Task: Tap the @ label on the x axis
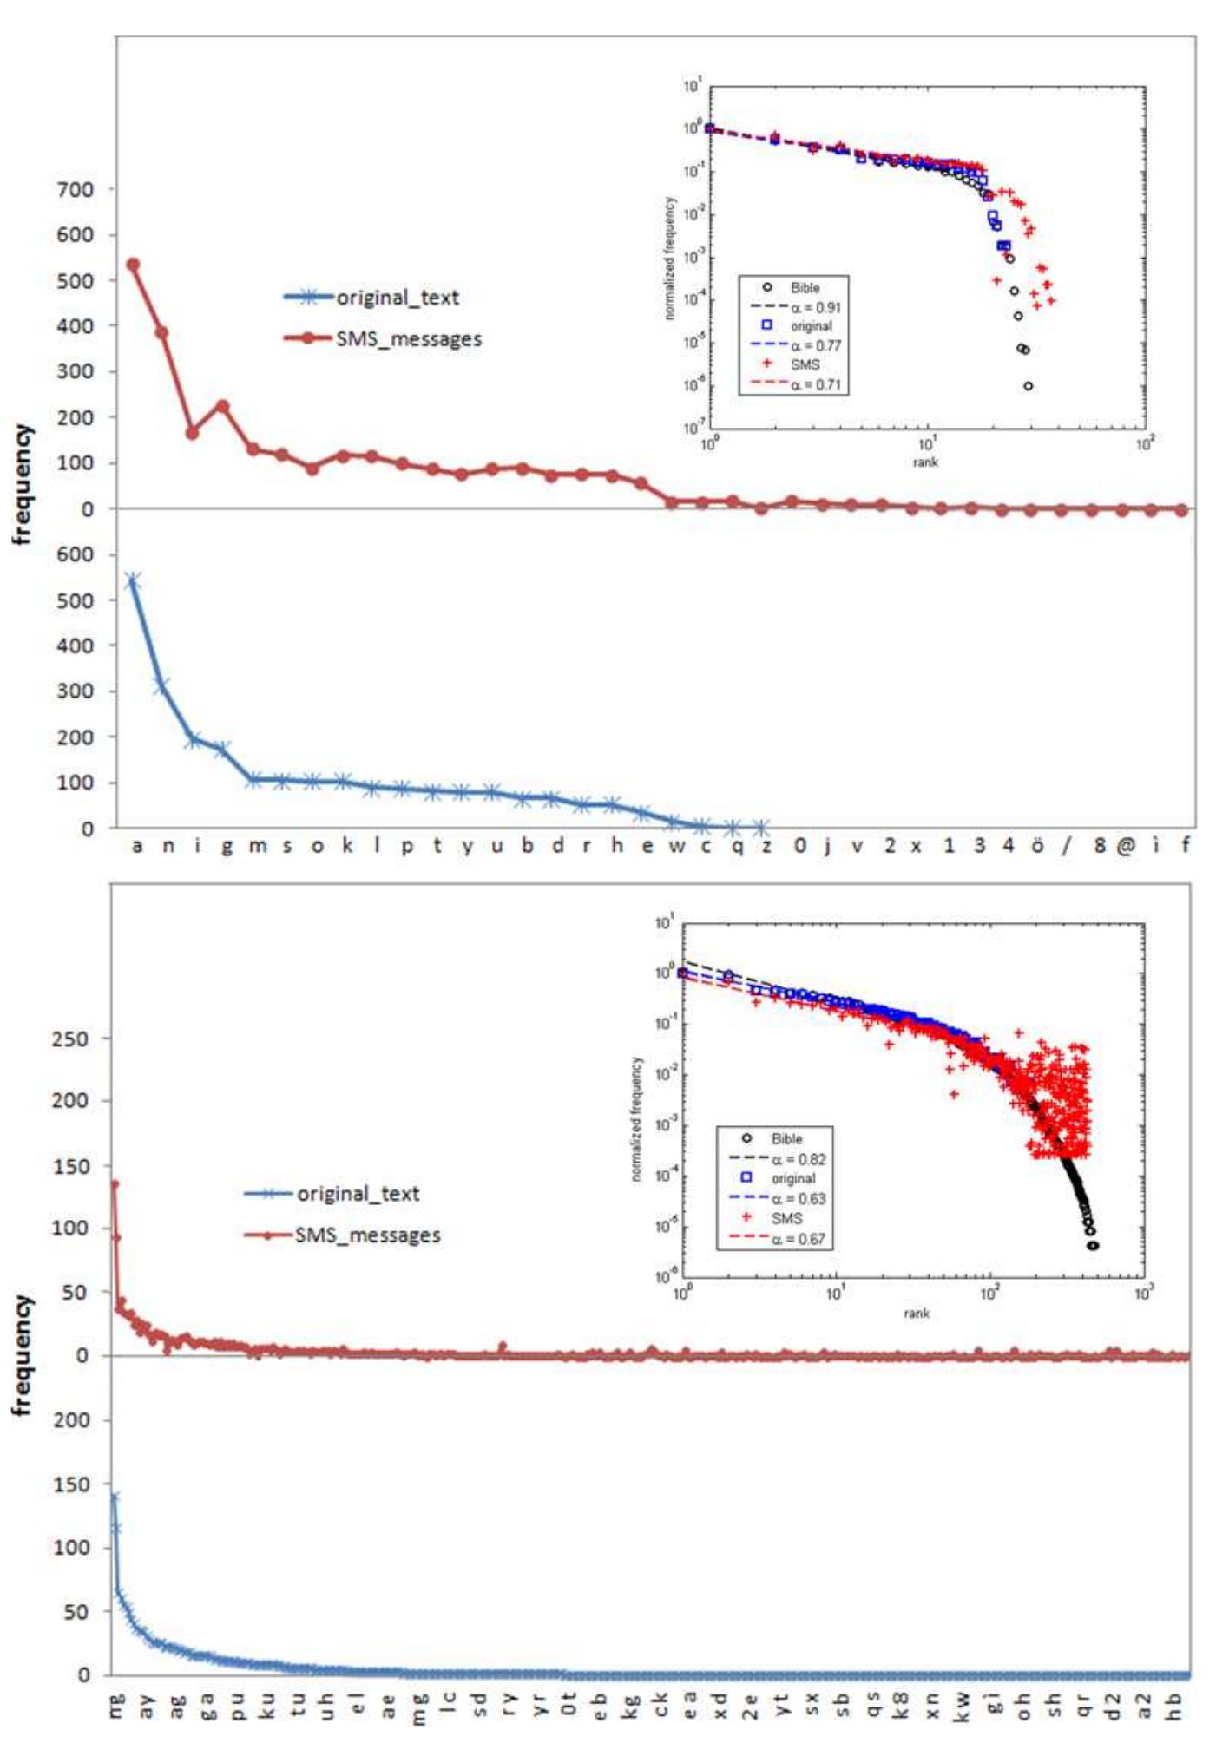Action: tap(1126, 845)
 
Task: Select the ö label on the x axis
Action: tap(1037, 845)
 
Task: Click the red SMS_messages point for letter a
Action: tap(133, 265)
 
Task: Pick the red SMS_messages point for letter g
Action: tap(223, 405)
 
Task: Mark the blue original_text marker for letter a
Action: tap(133, 580)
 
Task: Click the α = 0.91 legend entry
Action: tap(815, 307)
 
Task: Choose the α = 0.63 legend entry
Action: tap(799, 1198)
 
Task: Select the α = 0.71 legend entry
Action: tap(815, 384)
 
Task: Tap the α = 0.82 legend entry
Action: tap(799, 1159)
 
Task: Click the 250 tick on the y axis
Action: tap(70, 1039)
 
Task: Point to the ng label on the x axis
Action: tap(118, 1704)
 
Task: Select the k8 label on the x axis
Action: tap(901, 1706)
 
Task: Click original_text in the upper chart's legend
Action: tap(398, 298)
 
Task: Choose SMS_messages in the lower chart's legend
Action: tap(368, 1235)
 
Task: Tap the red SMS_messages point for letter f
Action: tap(1181, 510)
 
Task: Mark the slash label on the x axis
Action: tap(1067, 845)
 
